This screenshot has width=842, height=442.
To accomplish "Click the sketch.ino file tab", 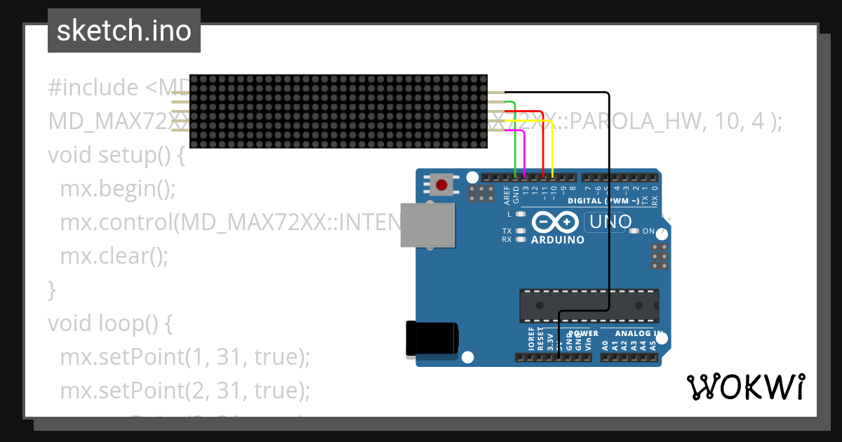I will [123, 31].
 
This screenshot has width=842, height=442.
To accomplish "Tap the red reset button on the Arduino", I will [441, 186].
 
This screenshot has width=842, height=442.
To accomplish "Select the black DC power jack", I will [431, 340].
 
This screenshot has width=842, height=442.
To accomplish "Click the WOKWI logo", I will [745, 387].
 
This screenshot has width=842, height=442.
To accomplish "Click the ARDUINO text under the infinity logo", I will [558, 240].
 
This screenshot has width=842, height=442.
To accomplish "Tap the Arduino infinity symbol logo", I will [556, 222].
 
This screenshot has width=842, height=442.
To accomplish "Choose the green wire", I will [516, 140].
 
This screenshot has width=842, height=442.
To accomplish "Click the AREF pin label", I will [507, 194].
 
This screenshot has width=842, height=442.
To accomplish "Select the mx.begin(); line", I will [117, 189].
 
